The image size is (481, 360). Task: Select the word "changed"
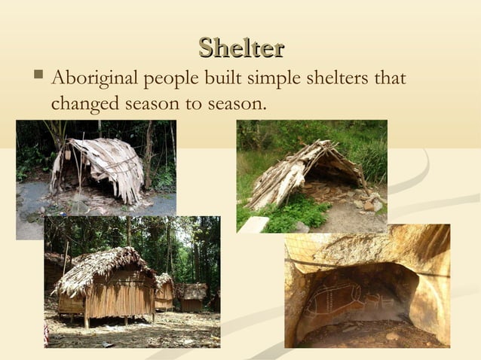click(83, 103)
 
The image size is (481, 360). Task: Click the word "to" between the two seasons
click(188, 104)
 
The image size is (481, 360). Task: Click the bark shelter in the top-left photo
click(98, 166)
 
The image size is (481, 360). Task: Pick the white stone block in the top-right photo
click(254, 224)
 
